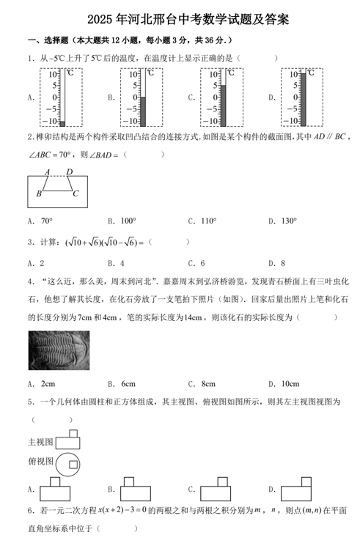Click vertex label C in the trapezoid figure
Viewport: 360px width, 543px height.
click(x=76, y=193)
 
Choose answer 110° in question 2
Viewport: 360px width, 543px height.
click(x=207, y=221)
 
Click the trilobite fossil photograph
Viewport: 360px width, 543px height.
click(x=59, y=350)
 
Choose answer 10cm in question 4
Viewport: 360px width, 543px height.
click(x=290, y=383)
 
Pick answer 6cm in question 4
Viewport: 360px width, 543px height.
click(x=128, y=383)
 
